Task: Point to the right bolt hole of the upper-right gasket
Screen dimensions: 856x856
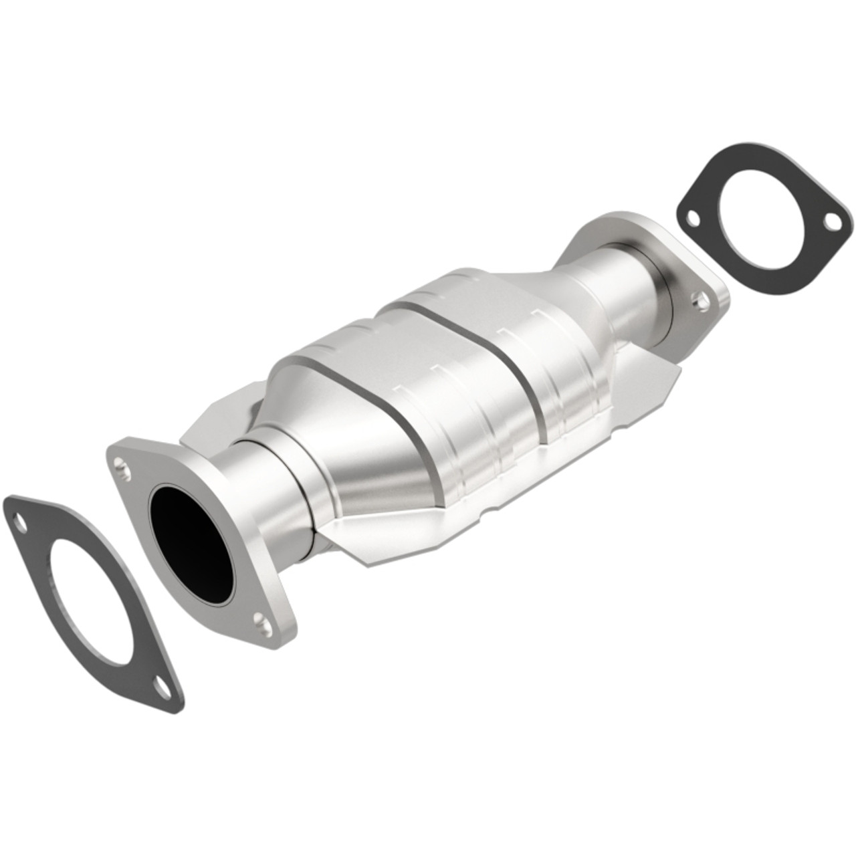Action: pos(831,220)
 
